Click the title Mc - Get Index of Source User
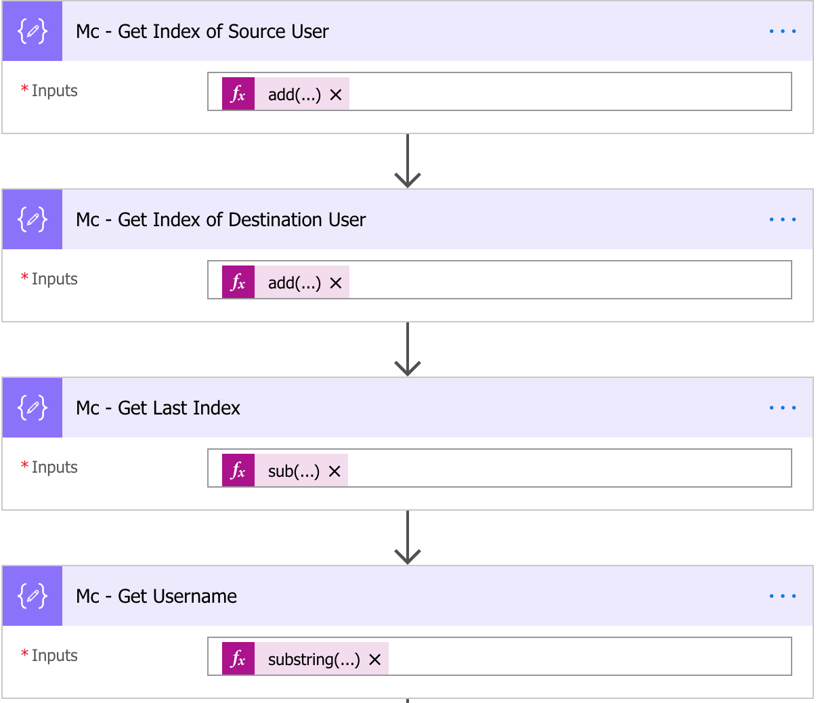202,32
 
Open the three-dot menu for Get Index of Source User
782,32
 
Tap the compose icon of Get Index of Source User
33,32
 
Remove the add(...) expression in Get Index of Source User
336,94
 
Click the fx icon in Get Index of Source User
238,94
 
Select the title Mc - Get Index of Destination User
220,220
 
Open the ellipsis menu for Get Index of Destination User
782,220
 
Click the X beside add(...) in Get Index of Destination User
336,282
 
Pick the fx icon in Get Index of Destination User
238,282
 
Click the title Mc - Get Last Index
158,408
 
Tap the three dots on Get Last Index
782,408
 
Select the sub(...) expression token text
293,471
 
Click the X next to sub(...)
335,471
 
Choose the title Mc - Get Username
156,597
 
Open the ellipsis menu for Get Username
782,597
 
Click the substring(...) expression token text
314,659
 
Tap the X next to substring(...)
375,659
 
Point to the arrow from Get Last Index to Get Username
408,538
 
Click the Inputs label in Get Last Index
54,467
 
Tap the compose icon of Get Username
33,597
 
